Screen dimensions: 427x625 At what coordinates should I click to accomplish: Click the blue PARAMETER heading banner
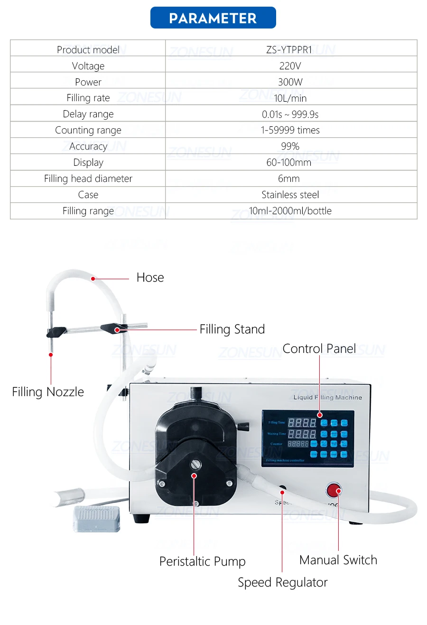(213, 18)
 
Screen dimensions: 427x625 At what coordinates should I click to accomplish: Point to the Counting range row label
(88, 130)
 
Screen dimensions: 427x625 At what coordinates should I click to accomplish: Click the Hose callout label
(150, 277)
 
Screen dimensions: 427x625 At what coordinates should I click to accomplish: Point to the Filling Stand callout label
(232, 329)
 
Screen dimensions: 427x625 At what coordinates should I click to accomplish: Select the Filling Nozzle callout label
(48, 392)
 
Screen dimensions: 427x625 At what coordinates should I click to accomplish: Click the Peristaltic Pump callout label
(203, 561)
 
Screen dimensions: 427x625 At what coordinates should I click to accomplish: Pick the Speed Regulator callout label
(283, 582)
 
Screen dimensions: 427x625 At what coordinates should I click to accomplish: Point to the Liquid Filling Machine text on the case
(327, 397)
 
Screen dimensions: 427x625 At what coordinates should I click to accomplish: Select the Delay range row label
(88, 114)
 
